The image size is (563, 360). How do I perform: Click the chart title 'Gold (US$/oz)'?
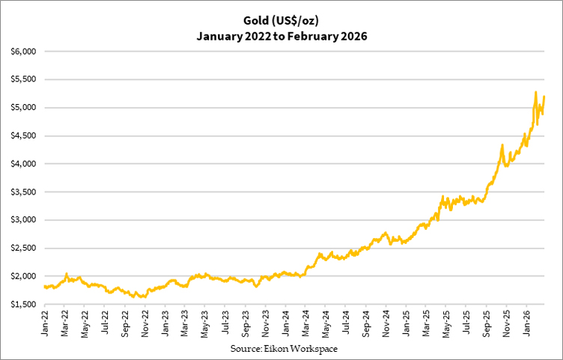tap(281, 19)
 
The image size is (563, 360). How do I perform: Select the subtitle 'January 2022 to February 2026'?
tap(281, 35)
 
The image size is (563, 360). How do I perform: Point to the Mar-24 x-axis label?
tap(306, 322)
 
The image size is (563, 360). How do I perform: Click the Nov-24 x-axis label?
tap(386, 322)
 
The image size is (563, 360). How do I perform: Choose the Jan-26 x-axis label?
tap(526, 322)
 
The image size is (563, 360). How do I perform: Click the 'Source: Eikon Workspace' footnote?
tap(281, 350)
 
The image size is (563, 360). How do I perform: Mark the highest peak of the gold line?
tap(535, 92)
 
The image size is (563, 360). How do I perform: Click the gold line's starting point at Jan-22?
tap(45, 287)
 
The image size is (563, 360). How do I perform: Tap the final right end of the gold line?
tap(544, 96)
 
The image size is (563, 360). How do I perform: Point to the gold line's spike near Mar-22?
tap(67, 274)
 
